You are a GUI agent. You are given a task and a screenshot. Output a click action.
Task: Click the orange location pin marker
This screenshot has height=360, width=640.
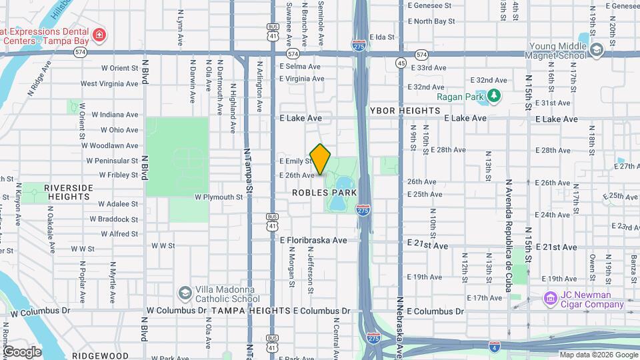(321, 159)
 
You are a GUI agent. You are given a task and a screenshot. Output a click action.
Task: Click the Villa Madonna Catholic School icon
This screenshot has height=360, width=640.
(185, 293)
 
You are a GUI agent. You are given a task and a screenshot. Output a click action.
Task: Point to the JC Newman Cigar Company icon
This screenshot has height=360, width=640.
(551, 297)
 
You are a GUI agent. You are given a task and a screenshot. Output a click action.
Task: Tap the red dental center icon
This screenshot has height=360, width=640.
(99, 35)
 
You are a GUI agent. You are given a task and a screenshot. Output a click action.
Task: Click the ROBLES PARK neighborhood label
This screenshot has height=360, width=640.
(324, 193)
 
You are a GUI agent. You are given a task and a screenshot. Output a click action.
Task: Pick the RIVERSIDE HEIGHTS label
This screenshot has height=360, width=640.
(69, 193)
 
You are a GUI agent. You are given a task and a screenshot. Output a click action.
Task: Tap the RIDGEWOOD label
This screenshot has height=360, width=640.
(100, 356)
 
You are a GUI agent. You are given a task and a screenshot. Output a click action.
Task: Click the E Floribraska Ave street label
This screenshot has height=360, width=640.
(313, 240)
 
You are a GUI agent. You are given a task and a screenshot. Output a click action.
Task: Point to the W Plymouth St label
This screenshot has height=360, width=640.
(219, 197)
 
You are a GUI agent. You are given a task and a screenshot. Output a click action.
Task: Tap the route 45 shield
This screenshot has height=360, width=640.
(401, 63)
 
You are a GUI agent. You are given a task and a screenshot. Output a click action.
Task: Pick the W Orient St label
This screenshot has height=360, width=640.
(119, 68)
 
